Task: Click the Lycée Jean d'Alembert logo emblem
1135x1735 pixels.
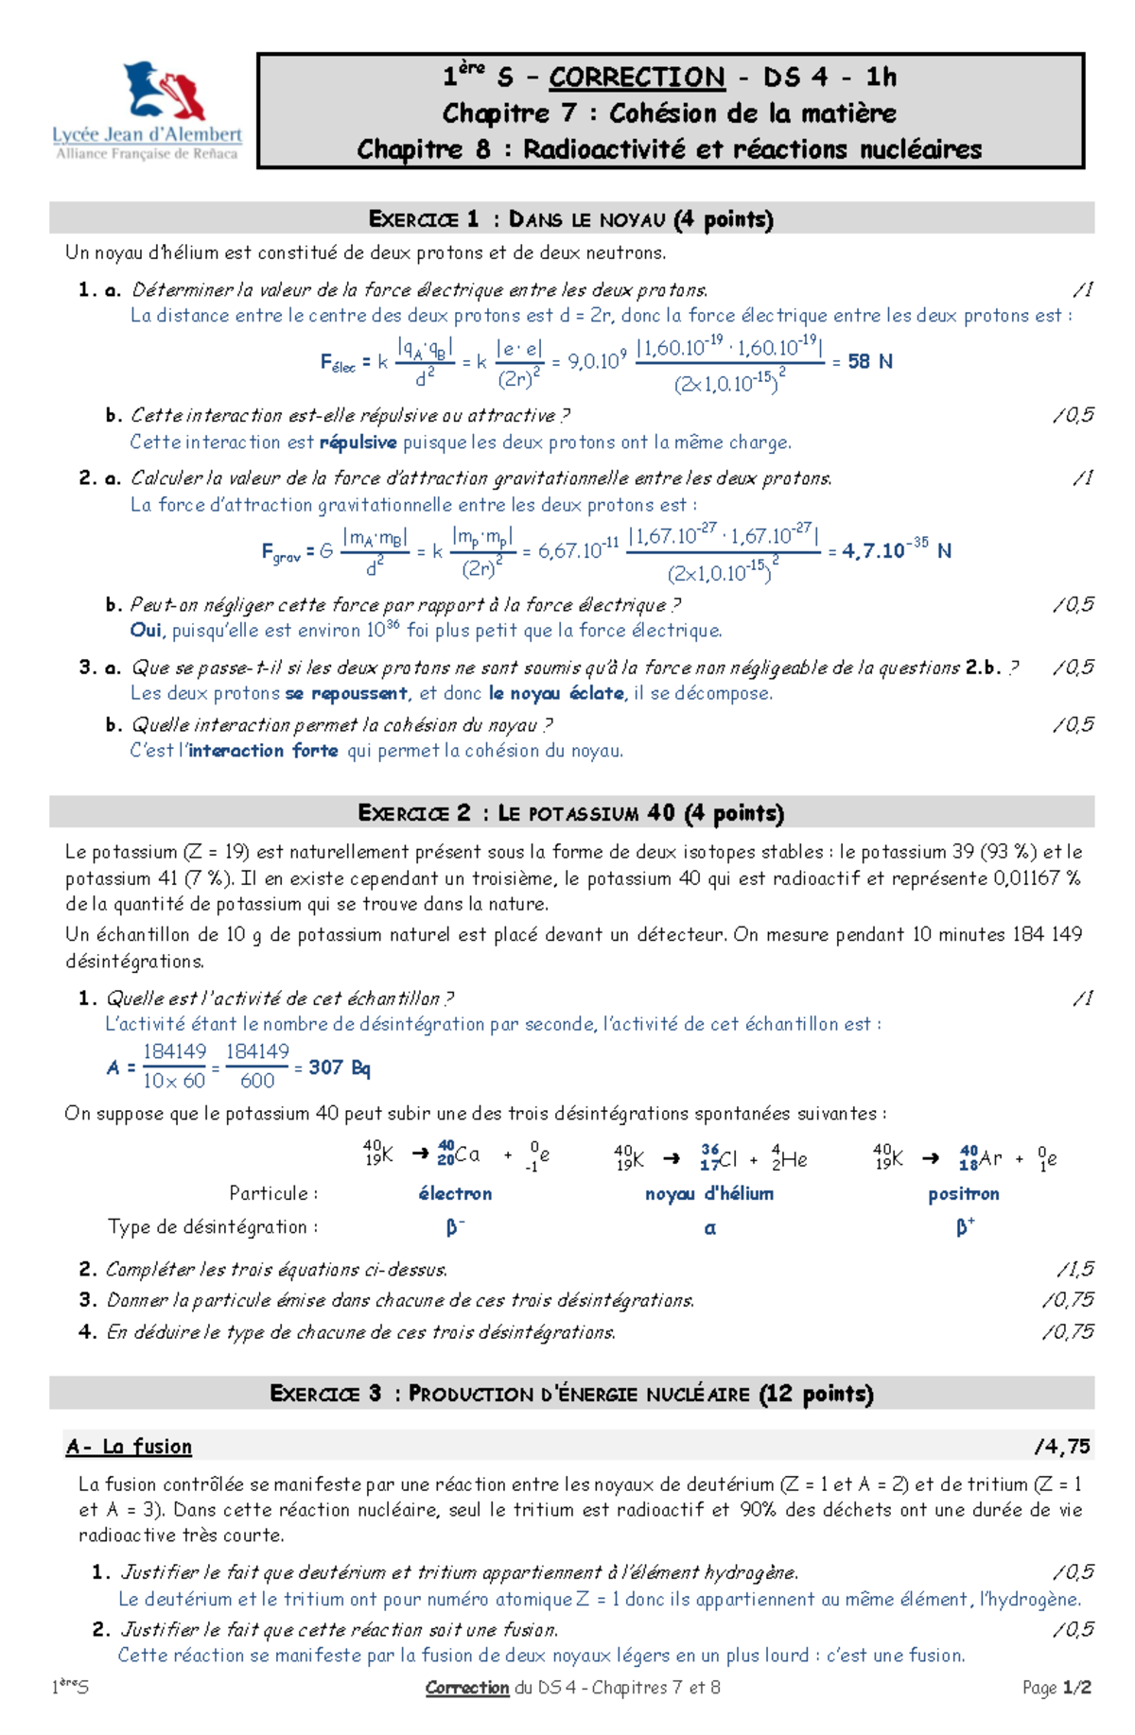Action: [166, 91]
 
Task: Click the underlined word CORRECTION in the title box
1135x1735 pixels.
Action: [637, 77]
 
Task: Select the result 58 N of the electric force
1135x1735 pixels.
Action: [869, 361]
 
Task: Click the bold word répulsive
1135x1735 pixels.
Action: [358, 442]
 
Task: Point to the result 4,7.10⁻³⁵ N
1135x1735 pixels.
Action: [896, 550]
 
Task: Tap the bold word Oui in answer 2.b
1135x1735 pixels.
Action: [146, 630]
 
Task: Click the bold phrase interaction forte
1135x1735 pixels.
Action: [263, 751]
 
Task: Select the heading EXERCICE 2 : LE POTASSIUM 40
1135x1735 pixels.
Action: [570, 812]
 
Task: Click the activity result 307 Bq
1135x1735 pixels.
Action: [339, 1067]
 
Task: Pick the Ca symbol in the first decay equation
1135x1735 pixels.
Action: [468, 1154]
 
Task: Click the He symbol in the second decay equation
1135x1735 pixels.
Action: [794, 1159]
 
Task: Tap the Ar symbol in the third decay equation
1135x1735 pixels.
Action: [990, 1158]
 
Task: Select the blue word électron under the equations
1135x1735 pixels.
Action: [455, 1193]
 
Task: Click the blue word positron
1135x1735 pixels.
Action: [963, 1193]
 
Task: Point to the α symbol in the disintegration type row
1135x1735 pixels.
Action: [710, 1228]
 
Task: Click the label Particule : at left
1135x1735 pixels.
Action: [273, 1193]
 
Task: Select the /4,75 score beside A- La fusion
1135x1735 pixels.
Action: [1062, 1447]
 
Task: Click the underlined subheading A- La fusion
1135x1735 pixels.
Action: [129, 1447]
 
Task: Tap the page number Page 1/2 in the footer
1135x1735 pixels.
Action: [1056, 1688]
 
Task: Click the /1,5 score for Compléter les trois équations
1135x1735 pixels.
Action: [1074, 1269]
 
